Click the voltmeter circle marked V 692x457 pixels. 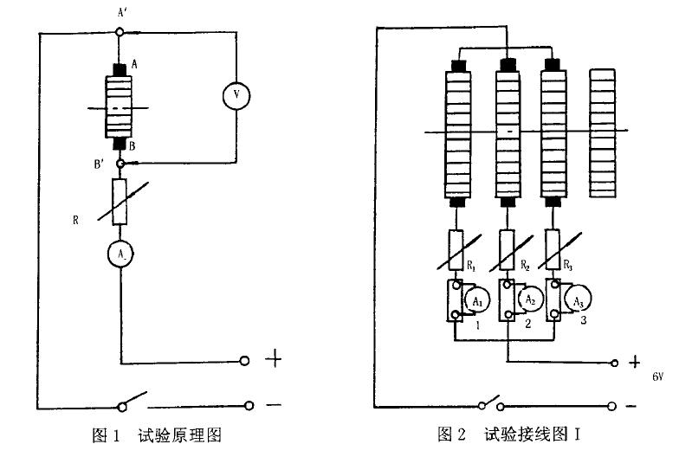point(236,96)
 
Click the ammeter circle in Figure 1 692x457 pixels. point(121,254)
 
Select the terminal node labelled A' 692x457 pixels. point(120,32)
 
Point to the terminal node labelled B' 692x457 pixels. point(121,163)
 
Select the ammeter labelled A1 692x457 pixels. point(475,300)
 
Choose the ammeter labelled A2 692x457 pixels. point(527,299)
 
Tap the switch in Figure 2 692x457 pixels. point(490,402)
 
